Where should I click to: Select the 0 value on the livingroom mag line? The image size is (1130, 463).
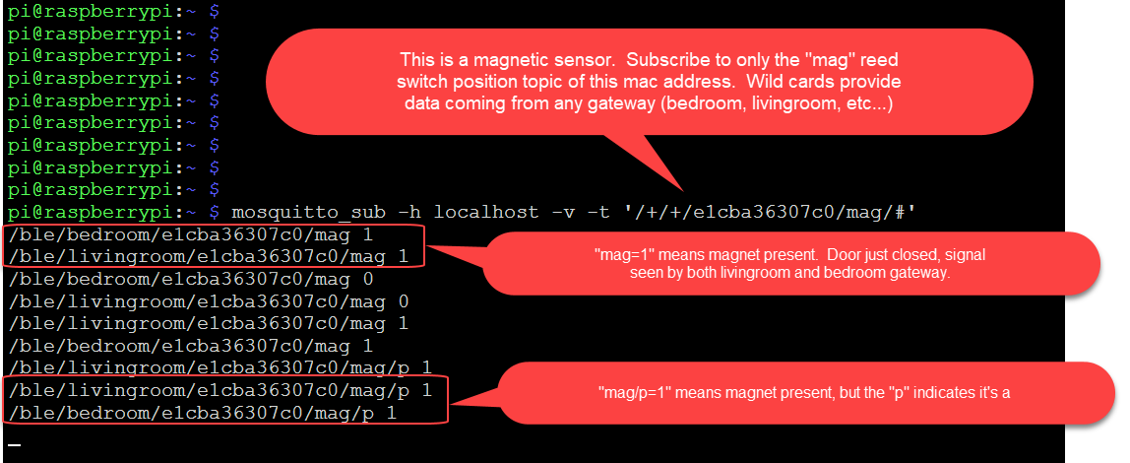click(x=404, y=300)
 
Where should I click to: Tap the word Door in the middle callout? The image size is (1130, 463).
click(x=825, y=254)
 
